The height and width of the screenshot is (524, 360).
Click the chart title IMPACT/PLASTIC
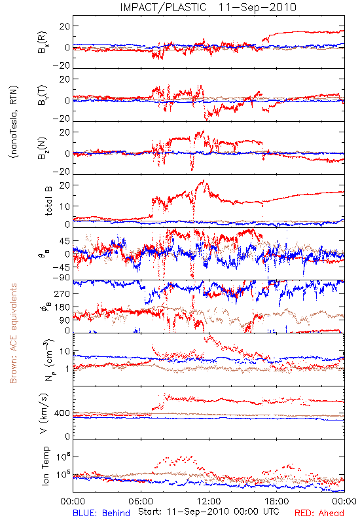[x=163, y=7]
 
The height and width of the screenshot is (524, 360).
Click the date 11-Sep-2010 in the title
[x=257, y=7]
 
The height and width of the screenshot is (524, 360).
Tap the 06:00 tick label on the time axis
[x=141, y=501]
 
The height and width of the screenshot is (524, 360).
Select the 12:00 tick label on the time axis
[x=209, y=501]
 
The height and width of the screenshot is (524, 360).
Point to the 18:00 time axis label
[x=277, y=501]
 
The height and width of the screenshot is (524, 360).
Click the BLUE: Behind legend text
[x=101, y=513]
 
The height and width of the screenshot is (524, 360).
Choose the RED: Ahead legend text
[x=319, y=513]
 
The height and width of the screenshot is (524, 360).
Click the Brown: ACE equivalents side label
[x=13, y=333]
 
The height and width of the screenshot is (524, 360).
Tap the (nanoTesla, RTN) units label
[x=14, y=122]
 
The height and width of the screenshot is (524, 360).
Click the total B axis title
[x=48, y=200]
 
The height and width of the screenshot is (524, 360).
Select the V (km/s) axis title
[x=44, y=413]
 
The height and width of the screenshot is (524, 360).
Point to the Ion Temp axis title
[x=45, y=466]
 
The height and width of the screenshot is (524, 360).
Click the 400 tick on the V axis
[x=62, y=413]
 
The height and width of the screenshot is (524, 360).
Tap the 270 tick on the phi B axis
[x=62, y=293]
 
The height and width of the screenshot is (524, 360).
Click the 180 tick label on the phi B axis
[x=62, y=307]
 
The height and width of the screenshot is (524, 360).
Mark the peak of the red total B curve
[x=204, y=180]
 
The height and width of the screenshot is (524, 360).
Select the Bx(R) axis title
[x=43, y=43]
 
